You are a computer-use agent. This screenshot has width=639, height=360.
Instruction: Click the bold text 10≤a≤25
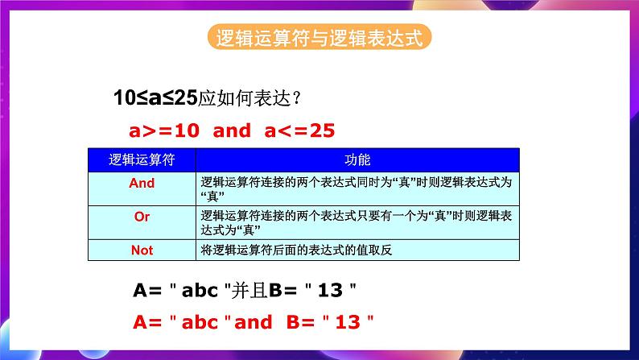156,99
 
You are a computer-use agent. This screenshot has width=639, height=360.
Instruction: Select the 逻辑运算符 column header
142,159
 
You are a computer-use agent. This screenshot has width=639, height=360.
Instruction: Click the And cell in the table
142,183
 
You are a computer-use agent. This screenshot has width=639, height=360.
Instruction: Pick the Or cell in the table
142,217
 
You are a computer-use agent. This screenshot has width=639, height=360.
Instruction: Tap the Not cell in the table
142,250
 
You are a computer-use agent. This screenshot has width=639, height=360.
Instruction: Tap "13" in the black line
332,289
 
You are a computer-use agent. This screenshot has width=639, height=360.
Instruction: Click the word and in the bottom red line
254,322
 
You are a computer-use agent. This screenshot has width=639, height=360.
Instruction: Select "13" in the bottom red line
348,322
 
